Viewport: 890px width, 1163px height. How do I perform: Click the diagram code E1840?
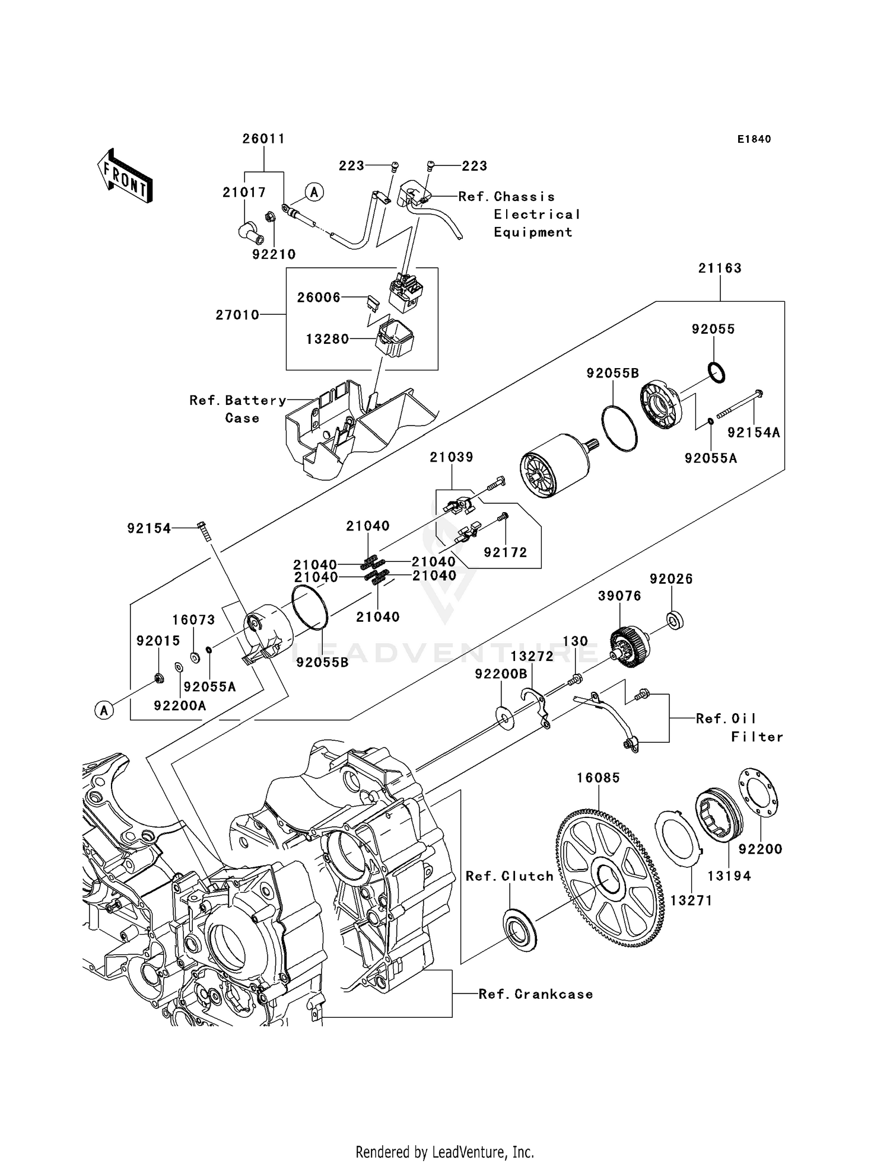754,139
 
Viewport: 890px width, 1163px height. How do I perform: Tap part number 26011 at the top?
263,139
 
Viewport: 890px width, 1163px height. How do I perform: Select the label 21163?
720,268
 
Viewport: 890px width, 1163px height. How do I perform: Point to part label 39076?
619,596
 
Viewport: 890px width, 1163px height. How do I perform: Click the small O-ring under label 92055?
716,372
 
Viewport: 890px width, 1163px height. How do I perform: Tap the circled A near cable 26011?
314,191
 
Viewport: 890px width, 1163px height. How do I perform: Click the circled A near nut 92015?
104,710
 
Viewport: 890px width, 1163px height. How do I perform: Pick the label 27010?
237,315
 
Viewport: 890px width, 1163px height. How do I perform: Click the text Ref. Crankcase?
535,995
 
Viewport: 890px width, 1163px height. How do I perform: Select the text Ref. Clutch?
509,876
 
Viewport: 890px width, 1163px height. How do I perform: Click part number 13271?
691,900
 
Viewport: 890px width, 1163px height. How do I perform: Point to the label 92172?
505,552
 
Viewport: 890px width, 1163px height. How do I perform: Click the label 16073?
193,620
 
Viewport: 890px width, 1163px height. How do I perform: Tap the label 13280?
328,339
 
